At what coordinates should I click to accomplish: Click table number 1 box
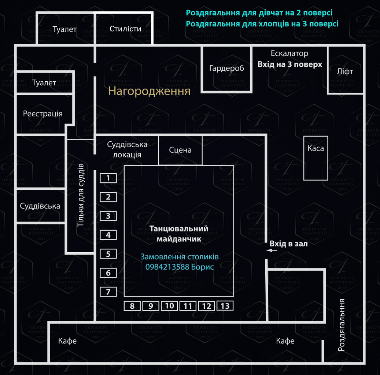click(108, 178)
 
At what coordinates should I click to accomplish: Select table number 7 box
click(108, 292)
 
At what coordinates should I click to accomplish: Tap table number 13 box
click(225, 306)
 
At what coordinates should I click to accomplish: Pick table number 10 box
click(169, 306)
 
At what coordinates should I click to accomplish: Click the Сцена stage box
click(180, 150)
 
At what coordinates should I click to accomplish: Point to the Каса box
click(316, 158)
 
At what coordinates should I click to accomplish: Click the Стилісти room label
click(125, 29)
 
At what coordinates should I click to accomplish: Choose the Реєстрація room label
click(43, 114)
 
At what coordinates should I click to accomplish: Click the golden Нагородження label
click(149, 91)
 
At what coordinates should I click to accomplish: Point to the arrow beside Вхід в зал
click(272, 250)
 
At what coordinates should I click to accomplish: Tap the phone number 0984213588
click(167, 267)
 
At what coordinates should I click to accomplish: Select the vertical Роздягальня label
click(342, 325)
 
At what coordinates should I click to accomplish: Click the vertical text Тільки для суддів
click(81, 195)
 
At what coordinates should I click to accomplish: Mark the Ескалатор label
click(289, 53)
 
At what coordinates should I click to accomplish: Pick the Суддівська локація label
click(127, 149)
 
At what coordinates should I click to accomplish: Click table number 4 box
click(108, 235)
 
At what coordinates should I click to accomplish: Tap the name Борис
click(202, 267)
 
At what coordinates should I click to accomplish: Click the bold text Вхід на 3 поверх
click(290, 64)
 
